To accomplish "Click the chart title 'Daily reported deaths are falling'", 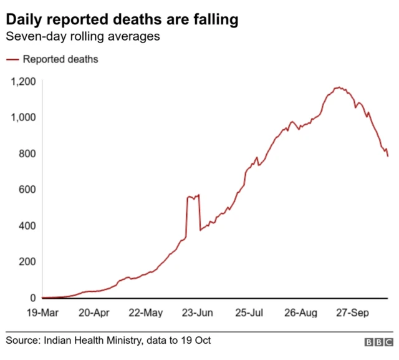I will (122, 20).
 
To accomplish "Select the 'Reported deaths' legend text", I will (60, 60).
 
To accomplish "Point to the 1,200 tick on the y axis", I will (22, 81).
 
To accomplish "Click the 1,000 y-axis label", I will (22, 117).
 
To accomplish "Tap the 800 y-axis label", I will (26, 153).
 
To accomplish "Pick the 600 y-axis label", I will (26, 190).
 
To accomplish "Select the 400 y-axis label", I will (26, 226).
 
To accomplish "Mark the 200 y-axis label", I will (26, 262).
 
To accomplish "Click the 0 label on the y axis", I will (32, 298).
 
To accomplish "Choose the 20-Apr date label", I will (95, 312).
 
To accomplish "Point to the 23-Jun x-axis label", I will (198, 312).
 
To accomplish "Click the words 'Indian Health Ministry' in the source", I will (87, 341).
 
